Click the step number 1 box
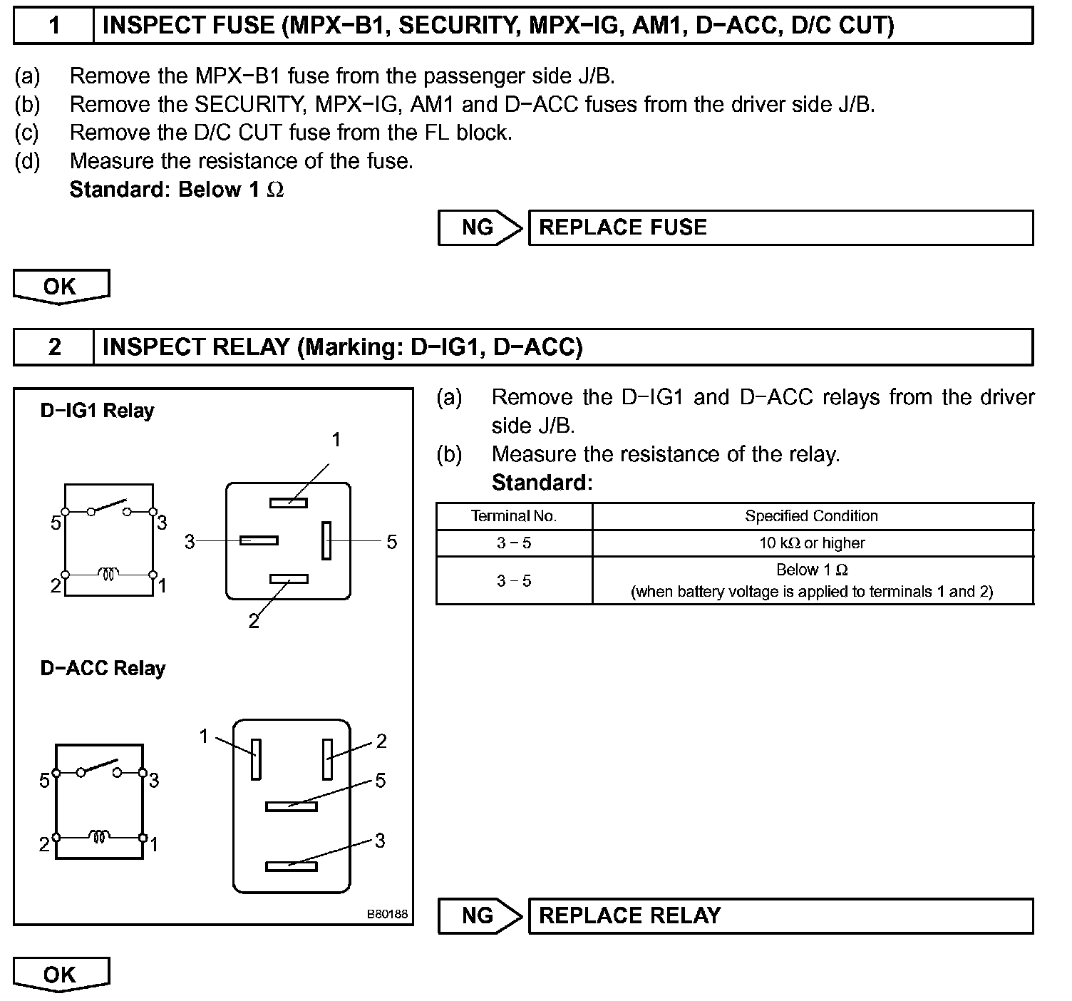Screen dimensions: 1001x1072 54,26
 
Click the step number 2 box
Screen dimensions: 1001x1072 54,347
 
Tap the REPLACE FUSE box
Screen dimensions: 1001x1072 780,228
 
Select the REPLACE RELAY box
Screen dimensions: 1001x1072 780,916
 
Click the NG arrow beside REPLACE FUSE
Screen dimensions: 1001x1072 480,228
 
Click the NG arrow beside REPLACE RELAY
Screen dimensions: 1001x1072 480,916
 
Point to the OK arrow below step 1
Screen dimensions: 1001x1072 61,287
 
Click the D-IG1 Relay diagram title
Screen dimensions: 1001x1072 97,411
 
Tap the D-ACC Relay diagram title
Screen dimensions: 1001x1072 103,669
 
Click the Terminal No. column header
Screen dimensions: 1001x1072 514,516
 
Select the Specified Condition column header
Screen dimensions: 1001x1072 811,516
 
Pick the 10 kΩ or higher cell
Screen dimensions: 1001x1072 811,543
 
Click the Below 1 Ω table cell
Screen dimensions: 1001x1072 811,580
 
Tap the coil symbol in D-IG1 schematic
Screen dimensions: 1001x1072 108,573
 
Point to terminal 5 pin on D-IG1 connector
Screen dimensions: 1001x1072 326,540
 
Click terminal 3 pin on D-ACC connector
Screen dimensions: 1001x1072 291,866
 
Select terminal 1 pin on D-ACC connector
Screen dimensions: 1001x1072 256,759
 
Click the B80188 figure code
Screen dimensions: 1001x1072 388,913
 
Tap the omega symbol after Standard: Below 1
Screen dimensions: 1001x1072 275,190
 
